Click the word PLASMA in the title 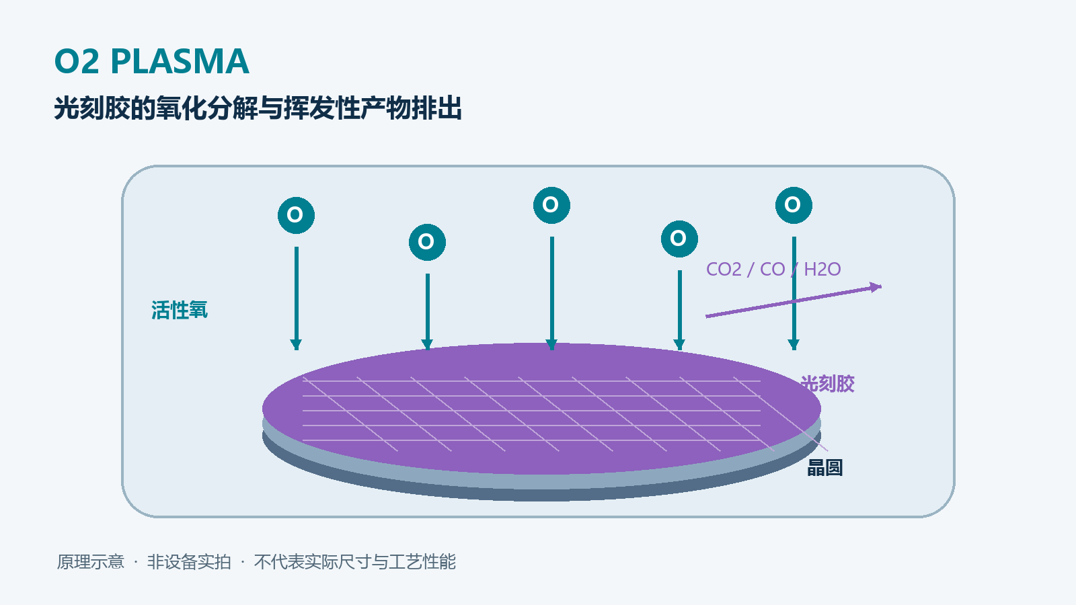pos(180,61)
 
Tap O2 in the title pos(77,61)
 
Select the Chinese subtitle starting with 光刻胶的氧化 pos(258,108)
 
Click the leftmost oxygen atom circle pos(297,215)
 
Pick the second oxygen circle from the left pos(427,242)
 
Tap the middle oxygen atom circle pos(551,205)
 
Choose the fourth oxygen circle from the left pos(679,239)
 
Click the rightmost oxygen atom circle pos(794,205)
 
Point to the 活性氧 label pos(179,310)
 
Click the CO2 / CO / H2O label pos(773,270)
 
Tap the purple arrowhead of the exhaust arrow pos(876,287)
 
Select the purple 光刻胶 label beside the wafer pos(828,384)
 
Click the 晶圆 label pos(824,468)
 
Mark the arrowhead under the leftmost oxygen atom pos(296,345)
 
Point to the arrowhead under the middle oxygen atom pos(551,345)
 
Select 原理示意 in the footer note pos(91,562)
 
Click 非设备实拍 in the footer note pos(189,562)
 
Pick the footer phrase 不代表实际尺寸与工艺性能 pos(355,562)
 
